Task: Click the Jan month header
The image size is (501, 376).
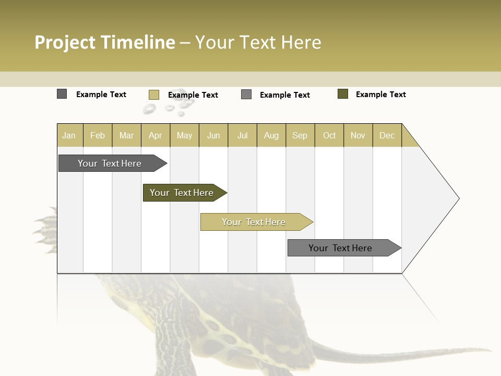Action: click(x=69, y=135)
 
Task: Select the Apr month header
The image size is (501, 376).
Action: click(x=156, y=135)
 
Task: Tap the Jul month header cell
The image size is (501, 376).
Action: click(x=242, y=135)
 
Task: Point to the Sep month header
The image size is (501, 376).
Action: click(x=300, y=135)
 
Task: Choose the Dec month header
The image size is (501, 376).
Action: click(x=387, y=135)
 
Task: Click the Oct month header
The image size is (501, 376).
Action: click(x=329, y=135)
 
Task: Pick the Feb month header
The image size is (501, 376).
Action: click(x=98, y=135)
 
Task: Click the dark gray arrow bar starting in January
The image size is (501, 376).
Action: click(x=110, y=163)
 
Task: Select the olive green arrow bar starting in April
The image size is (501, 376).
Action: click(x=182, y=193)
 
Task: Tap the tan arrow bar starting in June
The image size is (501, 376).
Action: click(x=254, y=222)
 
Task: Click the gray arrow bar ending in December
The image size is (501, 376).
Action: click(x=341, y=248)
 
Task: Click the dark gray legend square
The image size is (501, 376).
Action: click(x=62, y=94)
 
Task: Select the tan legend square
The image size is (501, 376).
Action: click(x=154, y=95)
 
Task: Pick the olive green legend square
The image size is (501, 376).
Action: click(x=343, y=94)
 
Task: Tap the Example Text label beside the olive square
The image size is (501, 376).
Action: click(x=380, y=95)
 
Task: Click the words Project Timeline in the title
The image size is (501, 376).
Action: click(x=105, y=42)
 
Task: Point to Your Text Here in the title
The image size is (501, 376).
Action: click(x=258, y=42)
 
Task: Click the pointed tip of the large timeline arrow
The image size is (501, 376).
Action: click(x=458, y=198)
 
